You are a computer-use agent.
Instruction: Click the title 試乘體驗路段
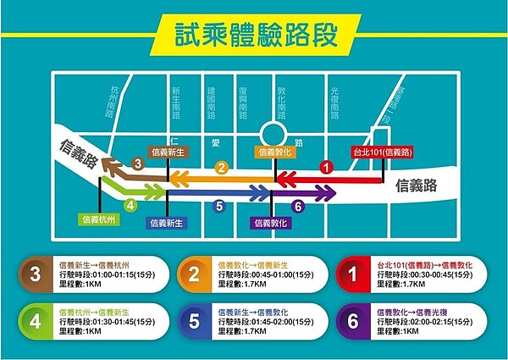click(x=254, y=35)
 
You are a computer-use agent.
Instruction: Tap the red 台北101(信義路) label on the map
click(x=382, y=153)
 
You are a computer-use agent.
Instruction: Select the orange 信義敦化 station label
click(x=276, y=152)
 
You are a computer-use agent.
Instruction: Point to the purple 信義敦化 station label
click(x=271, y=223)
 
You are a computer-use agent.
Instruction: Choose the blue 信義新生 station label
click(x=167, y=223)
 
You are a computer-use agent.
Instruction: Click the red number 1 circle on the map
click(x=325, y=168)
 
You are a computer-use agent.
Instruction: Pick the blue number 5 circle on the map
click(x=219, y=205)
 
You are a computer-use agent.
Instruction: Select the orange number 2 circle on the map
click(x=222, y=168)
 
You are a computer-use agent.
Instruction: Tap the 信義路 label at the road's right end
click(x=418, y=183)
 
